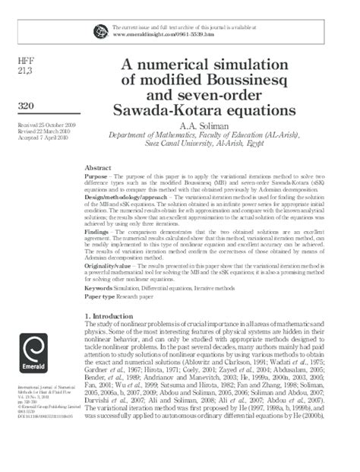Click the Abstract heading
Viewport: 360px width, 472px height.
[x=98, y=167]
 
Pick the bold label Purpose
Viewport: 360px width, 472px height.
[x=97, y=176]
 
